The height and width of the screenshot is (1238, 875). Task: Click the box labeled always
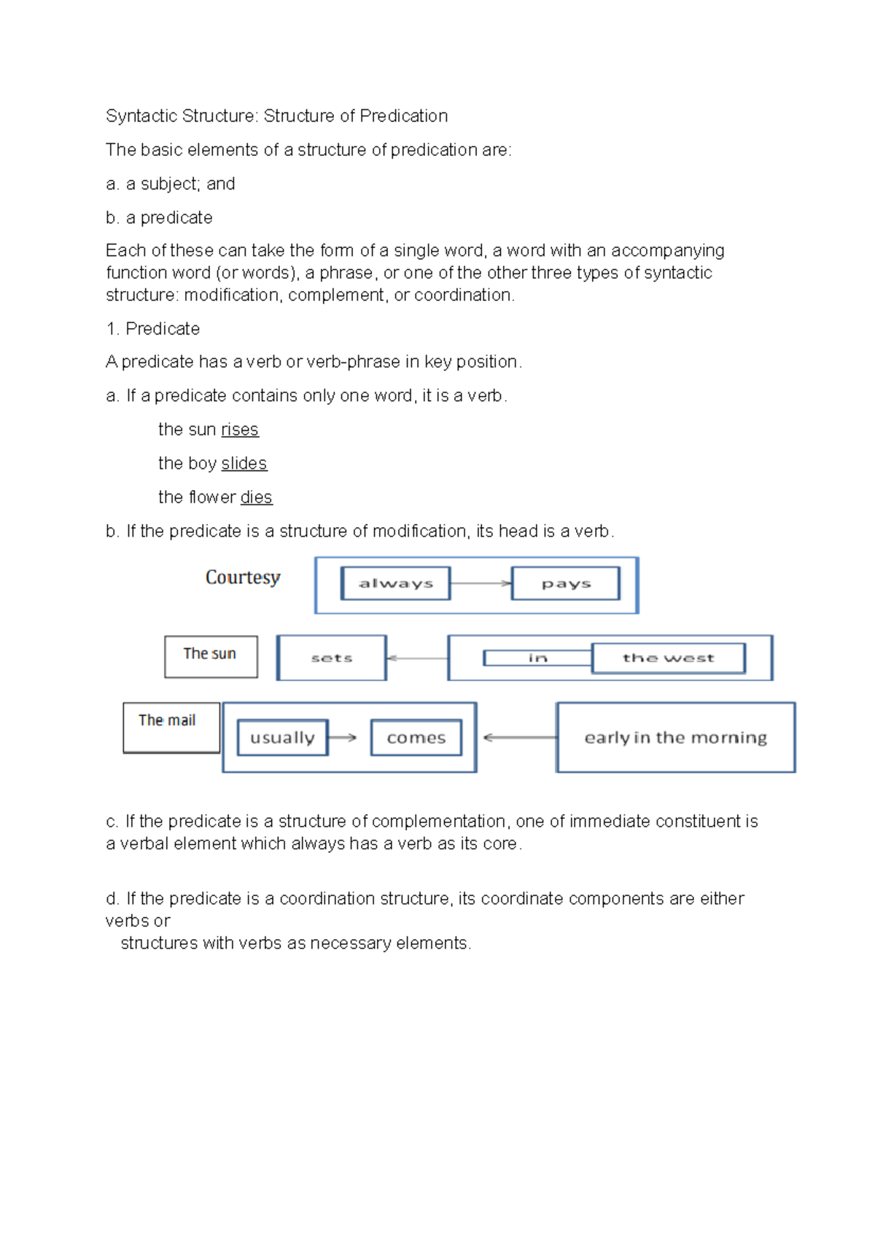tap(395, 583)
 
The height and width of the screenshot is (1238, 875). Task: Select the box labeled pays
tap(566, 583)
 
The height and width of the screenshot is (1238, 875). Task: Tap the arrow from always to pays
tap(481, 583)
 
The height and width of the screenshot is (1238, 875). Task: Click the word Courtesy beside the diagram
tap(243, 577)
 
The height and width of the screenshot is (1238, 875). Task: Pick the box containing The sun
tap(211, 656)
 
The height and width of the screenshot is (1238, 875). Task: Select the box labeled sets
tap(332, 658)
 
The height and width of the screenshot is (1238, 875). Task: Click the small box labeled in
tap(537, 658)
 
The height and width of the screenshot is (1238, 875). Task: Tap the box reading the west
tap(668, 658)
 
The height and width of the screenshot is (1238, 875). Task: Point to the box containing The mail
tap(171, 727)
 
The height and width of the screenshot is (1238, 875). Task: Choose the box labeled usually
tap(282, 737)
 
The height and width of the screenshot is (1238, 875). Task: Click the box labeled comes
tap(416, 737)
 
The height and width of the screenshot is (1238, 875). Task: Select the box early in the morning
tap(675, 737)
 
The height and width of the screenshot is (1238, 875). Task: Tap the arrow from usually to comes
tap(343, 737)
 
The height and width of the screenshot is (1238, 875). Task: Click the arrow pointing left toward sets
tap(416, 658)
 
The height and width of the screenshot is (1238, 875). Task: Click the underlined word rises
tap(240, 429)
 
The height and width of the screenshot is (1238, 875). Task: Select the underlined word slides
tap(244, 464)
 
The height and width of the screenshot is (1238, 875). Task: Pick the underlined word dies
tap(256, 497)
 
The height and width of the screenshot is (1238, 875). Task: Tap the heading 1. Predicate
tap(153, 329)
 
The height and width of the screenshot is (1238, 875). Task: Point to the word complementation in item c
tap(438, 821)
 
